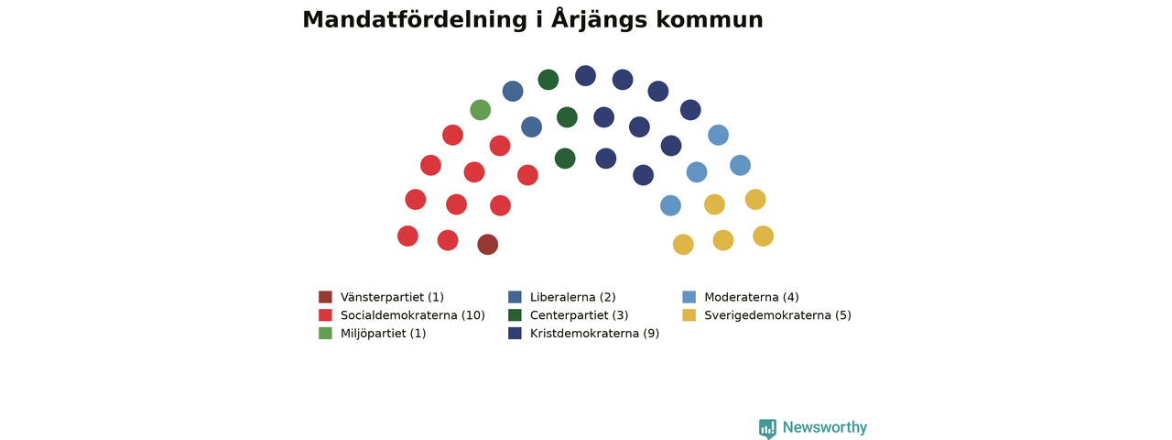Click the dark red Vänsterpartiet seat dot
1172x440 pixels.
tap(488, 245)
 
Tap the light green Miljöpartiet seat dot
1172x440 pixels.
tap(481, 110)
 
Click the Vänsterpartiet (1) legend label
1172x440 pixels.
tap(392, 298)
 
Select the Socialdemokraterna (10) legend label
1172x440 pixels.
tap(413, 315)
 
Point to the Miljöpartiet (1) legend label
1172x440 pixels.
tap(383, 334)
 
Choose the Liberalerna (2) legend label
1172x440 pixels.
tap(573, 298)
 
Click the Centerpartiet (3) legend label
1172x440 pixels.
tap(580, 315)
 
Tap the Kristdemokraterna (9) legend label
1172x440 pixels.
tap(594, 334)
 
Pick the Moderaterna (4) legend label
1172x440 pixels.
tap(752, 298)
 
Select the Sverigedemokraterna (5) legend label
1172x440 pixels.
tap(777, 315)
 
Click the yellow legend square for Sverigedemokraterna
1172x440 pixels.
tap(689, 315)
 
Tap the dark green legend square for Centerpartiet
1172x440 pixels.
tap(515, 315)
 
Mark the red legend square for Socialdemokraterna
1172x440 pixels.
tap(325, 315)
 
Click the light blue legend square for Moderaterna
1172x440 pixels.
tap(689, 298)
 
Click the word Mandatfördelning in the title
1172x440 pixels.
tap(415, 20)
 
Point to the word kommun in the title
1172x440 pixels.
tap(710, 20)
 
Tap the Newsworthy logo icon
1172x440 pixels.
tap(767, 428)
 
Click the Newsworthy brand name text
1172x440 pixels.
tap(825, 427)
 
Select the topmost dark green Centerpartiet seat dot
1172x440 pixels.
tap(548, 80)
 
